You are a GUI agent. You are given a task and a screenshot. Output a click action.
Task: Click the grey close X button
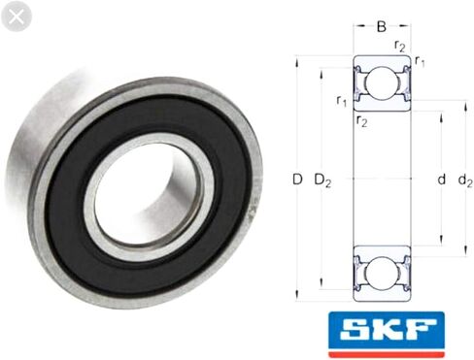pos(17,16)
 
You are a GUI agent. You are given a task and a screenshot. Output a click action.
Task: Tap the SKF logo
pos(387,335)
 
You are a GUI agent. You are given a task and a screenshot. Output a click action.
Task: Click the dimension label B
pos(382,26)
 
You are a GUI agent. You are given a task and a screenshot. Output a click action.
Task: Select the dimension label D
pos(297,180)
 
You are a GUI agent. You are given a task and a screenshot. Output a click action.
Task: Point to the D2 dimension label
pos(322,180)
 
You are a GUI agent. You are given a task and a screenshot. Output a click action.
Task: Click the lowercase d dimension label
pos(441,179)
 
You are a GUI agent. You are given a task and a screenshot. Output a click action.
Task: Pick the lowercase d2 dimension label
pos(465,180)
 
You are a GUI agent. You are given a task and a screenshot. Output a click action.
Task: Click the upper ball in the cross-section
pos(382,83)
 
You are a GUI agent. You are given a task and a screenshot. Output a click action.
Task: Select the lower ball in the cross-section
pos(382,274)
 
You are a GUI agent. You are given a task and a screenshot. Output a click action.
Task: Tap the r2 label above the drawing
pos(400,47)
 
